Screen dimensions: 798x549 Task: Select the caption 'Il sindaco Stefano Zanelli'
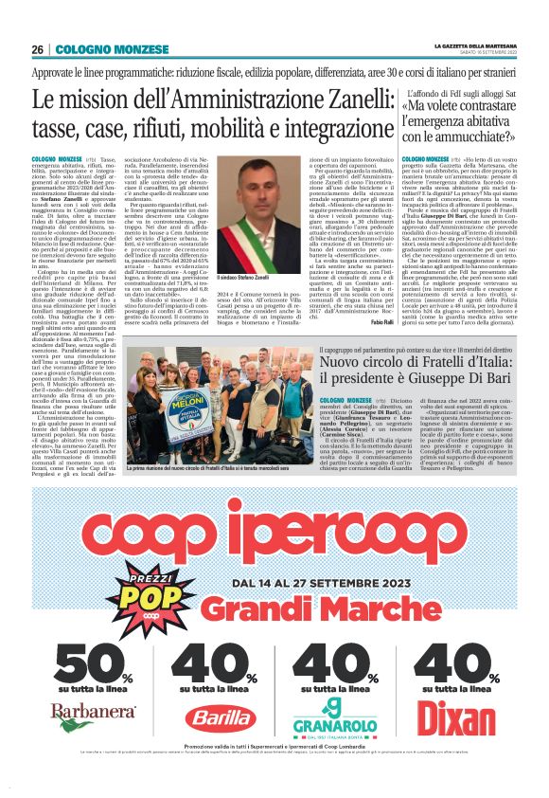tap(244, 278)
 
